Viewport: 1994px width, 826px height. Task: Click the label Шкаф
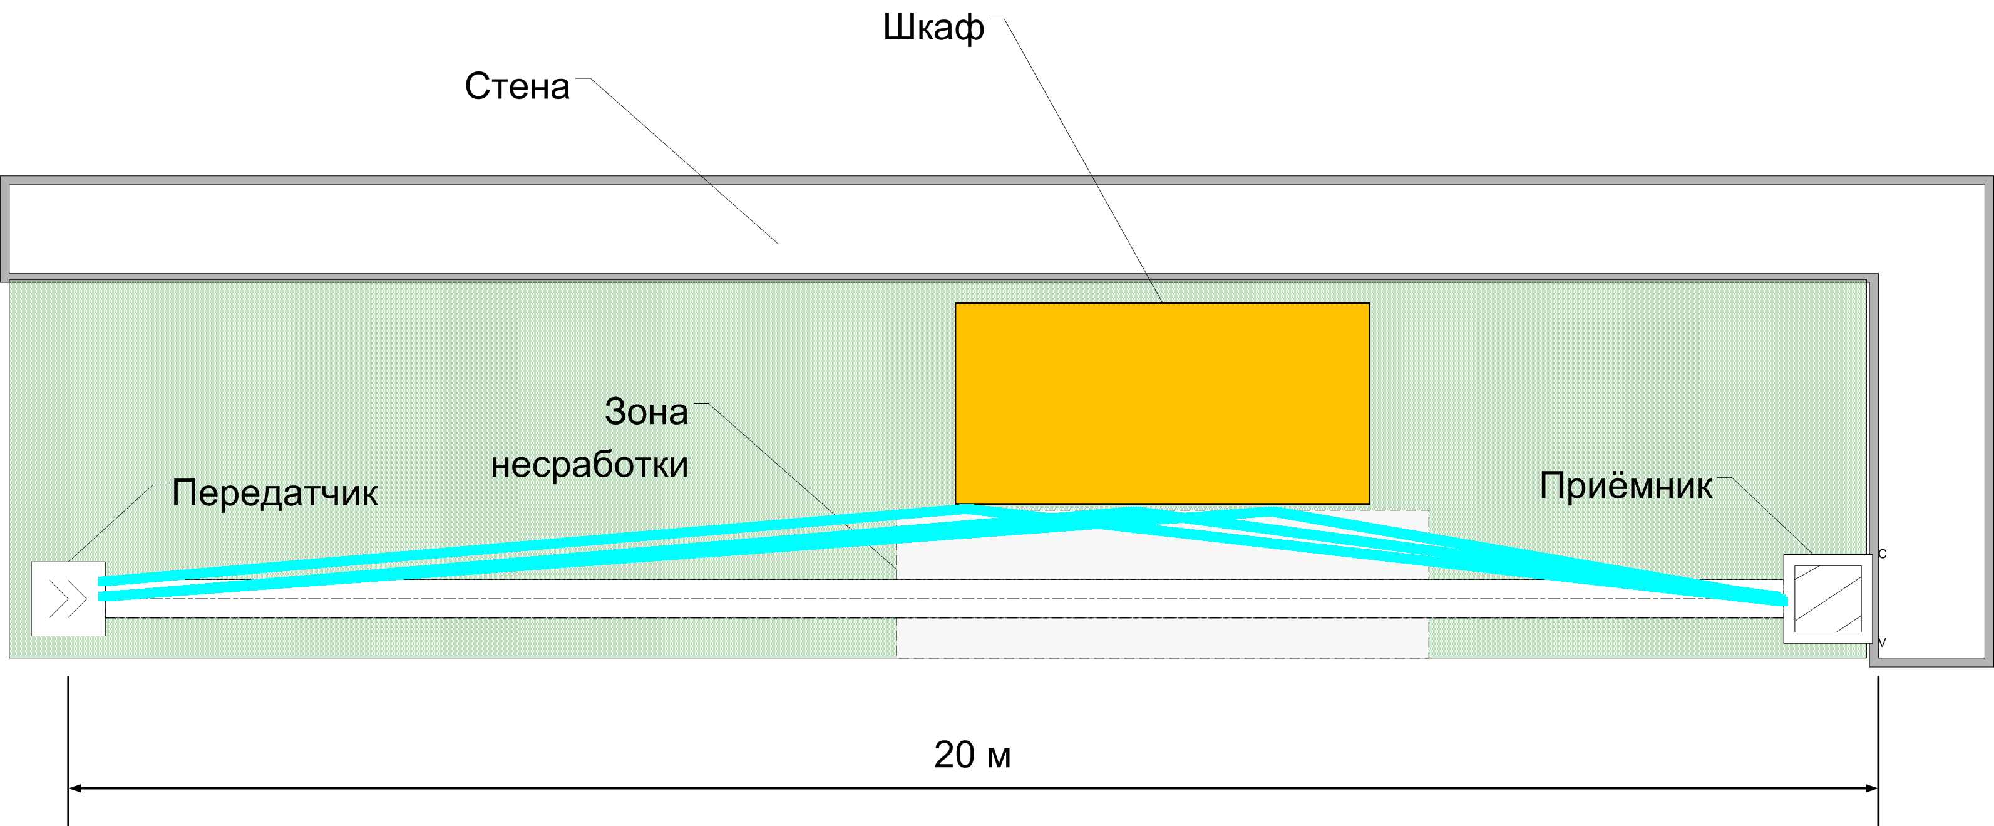tap(933, 29)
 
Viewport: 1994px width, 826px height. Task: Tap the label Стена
tap(516, 86)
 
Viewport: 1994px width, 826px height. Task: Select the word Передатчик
tap(275, 492)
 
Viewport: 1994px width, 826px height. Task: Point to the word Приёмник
tap(1625, 486)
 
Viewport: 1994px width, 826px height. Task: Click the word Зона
tap(645, 412)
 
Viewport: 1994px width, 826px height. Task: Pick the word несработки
tap(589, 465)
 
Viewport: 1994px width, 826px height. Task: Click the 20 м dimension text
tap(972, 755)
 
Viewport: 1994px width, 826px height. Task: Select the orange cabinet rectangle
tap(1162, 403)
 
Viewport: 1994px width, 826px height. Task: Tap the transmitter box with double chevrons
tap(68, 599)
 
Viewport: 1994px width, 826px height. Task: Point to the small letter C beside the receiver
tap(1882, 554)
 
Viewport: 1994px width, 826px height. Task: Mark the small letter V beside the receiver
tap(1882, 643)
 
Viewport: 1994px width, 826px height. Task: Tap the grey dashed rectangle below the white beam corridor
tap(1162, 638)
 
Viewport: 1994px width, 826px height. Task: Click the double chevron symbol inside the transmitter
tap(68, 599)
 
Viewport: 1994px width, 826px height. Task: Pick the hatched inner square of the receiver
tap(1827, 599)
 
